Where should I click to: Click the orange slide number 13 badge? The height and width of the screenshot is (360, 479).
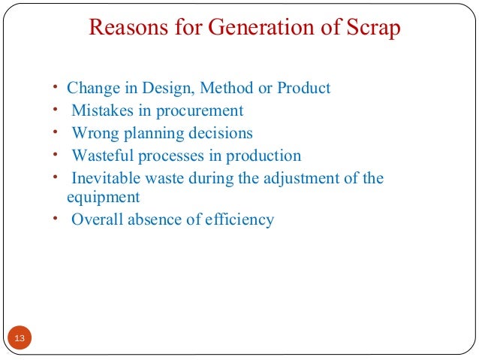[20, 339]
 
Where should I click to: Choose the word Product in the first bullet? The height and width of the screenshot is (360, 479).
[304, 88]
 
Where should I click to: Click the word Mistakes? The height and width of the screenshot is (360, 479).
[100, 110]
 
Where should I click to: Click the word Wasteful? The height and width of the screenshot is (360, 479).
[101, 156]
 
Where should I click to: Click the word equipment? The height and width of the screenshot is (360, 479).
[100, 198]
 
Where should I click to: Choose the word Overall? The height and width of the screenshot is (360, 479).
[97, 220]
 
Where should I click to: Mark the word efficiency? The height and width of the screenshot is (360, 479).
[238, 220]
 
